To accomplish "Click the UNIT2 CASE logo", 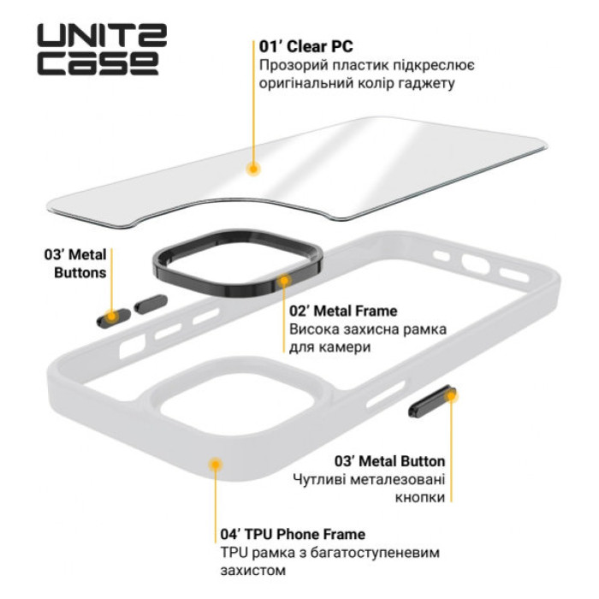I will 101,50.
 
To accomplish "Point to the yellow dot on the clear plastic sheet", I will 252,169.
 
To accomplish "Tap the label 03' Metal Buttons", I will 75,264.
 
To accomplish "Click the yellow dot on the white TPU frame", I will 215,463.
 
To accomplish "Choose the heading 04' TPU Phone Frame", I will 293,535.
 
